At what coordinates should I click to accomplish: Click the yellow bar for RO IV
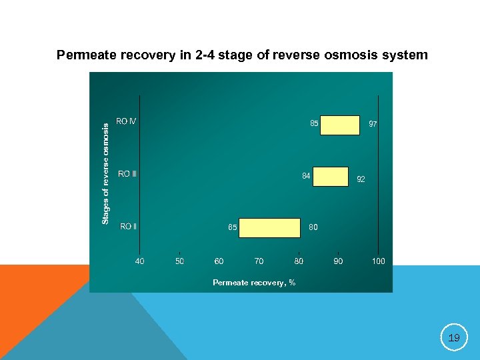(339, 125)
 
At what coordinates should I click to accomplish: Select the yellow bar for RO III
(330, 177)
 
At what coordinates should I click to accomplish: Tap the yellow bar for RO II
(269, 227)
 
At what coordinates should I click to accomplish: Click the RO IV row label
(126, 121)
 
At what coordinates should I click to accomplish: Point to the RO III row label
(127, 174)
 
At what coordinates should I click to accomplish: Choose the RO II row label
(128, 226)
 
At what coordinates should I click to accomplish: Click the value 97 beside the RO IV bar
(373, 125)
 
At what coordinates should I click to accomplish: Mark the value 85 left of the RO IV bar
(314, 123)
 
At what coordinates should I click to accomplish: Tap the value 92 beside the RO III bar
(361, 179)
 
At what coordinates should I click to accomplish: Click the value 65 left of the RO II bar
(233, 227)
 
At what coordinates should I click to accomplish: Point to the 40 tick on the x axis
(139, 261)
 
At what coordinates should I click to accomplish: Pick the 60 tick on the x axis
(219, 261)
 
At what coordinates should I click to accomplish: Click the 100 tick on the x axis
(378, 261)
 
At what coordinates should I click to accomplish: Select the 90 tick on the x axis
(338, 261)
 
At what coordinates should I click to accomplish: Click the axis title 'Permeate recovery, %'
(254, 283)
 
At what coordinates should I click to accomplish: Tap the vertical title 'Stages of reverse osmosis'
(105, 173)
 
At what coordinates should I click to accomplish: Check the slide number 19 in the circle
(454, 338)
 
